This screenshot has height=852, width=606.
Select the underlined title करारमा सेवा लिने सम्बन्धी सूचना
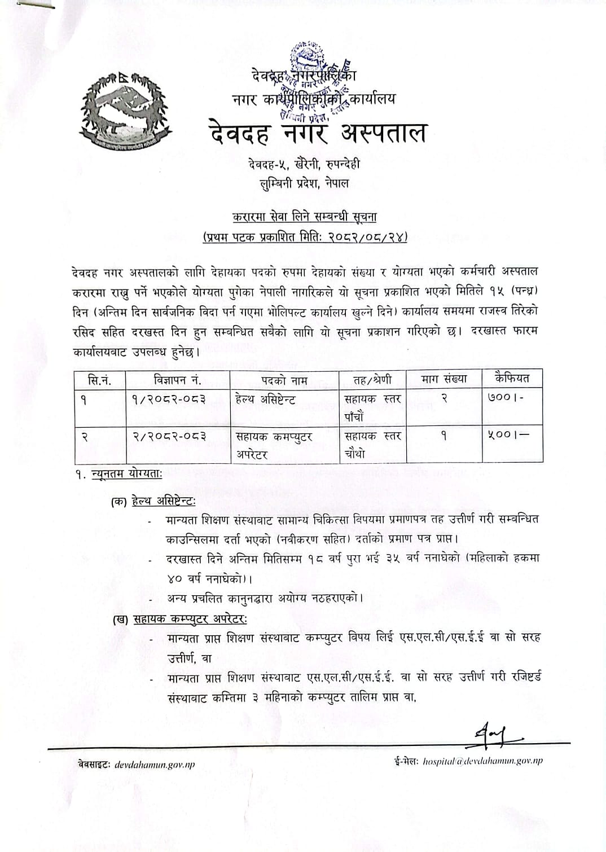304,216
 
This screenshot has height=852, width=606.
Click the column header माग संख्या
444,379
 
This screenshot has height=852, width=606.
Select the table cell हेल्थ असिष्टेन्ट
266,399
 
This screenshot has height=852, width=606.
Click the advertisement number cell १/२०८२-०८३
161,399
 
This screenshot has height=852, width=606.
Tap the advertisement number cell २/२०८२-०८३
161,436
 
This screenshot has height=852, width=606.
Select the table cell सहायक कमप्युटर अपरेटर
274,445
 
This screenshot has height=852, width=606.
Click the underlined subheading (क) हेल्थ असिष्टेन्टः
154,500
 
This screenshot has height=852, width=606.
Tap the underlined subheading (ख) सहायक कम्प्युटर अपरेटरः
179,619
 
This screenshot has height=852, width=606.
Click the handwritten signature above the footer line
497,733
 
